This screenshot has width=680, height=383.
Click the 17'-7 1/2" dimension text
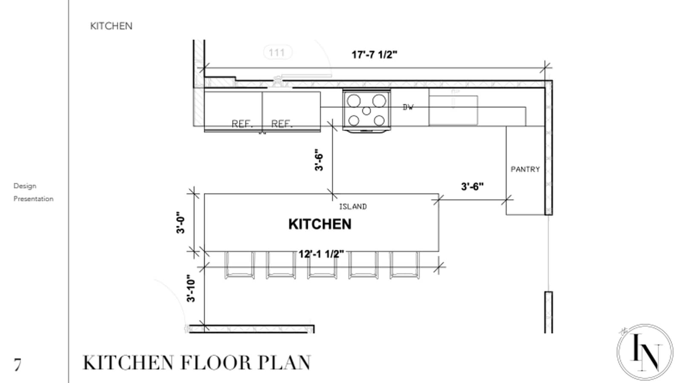click(x=374, y=55)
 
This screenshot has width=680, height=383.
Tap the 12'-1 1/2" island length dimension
click(x=321, y=254)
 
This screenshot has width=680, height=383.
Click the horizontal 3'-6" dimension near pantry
click(x=472, y=186)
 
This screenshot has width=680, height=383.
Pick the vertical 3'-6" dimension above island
click(x=319, y=160)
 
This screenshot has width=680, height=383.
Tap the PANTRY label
click(x=525, y=169)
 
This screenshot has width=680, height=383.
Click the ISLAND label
click(x=353, y=206)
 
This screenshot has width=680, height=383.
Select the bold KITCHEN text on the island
click(x=320, y=224)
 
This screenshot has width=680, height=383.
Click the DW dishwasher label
click(x=408, y=107)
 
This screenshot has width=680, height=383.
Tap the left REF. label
click(x=242, y=124)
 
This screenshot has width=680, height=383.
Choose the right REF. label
click(x=282, y=124)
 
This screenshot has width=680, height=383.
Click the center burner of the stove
click(x=366, y=111)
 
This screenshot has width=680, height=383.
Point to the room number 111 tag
click(x=277, y=52)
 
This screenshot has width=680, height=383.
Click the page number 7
click(x=17, y=365)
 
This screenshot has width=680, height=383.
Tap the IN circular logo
click(x=645, y=352)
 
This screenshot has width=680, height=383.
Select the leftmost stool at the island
click(x=239, y=265)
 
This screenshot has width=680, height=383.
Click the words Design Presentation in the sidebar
click(x=33, y=192)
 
